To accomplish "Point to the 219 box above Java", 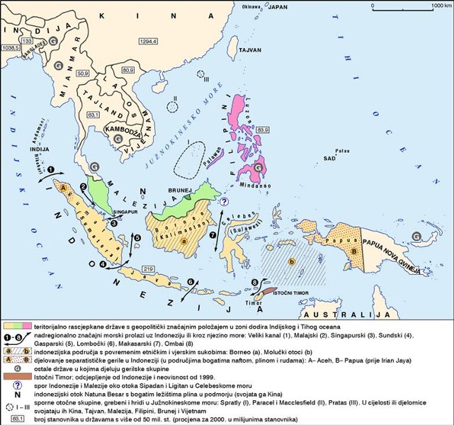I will [148, 270].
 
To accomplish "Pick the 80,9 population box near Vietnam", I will [128, 71].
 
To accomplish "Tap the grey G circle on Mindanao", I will [260, 168].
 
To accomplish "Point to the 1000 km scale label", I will [432, 5].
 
